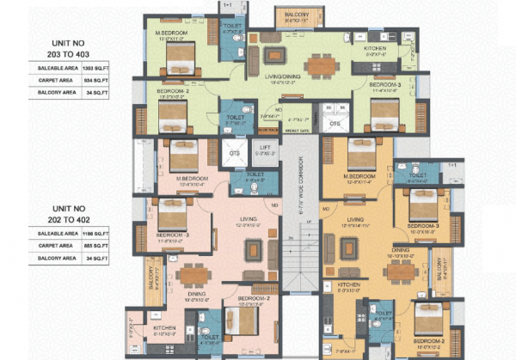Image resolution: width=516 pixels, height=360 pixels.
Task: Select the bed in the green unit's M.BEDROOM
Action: point(182,60)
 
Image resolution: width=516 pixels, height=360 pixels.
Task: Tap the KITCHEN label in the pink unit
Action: point(165,328)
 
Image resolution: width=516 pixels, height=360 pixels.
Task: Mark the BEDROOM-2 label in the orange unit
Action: point(431,339)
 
